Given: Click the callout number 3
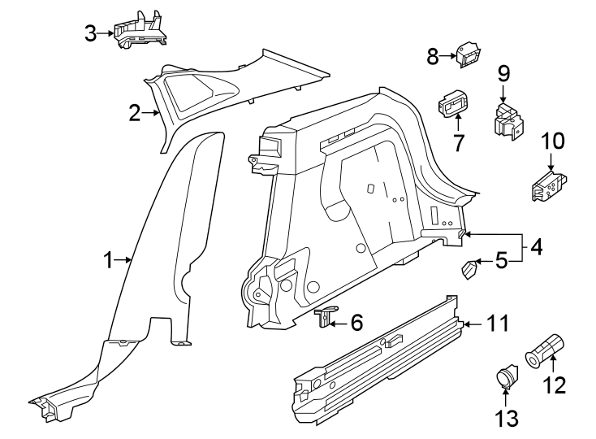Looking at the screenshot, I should (91, 33).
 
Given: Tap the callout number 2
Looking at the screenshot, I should (135, 114).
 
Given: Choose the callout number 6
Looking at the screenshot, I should (356, 323).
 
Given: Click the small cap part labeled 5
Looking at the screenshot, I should (470, 268).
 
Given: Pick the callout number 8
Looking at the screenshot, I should (433, 56).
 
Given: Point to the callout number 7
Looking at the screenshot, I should (459, 143).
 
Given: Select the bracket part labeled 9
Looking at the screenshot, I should (506, 119).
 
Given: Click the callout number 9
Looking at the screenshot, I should (503, 73).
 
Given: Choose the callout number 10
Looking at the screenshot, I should (552, 141).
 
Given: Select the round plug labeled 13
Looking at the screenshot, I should (505, 376).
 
